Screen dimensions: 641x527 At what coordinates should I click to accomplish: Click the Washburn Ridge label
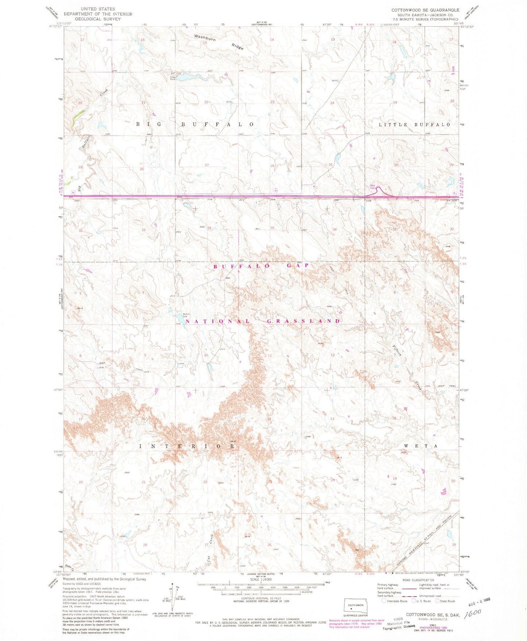coord(218,42)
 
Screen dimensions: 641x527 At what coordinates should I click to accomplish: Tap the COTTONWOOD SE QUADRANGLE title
coord(425,10)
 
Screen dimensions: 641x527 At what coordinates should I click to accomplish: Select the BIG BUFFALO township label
coord(195,124)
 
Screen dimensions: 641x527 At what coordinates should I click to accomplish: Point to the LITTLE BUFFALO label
coord(415,125)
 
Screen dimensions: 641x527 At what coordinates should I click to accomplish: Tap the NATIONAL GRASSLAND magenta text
coord(263,321)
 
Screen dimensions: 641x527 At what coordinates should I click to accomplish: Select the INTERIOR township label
coord(187,446)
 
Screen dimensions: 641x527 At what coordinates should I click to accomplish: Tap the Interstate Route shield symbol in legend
coord(384,601)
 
